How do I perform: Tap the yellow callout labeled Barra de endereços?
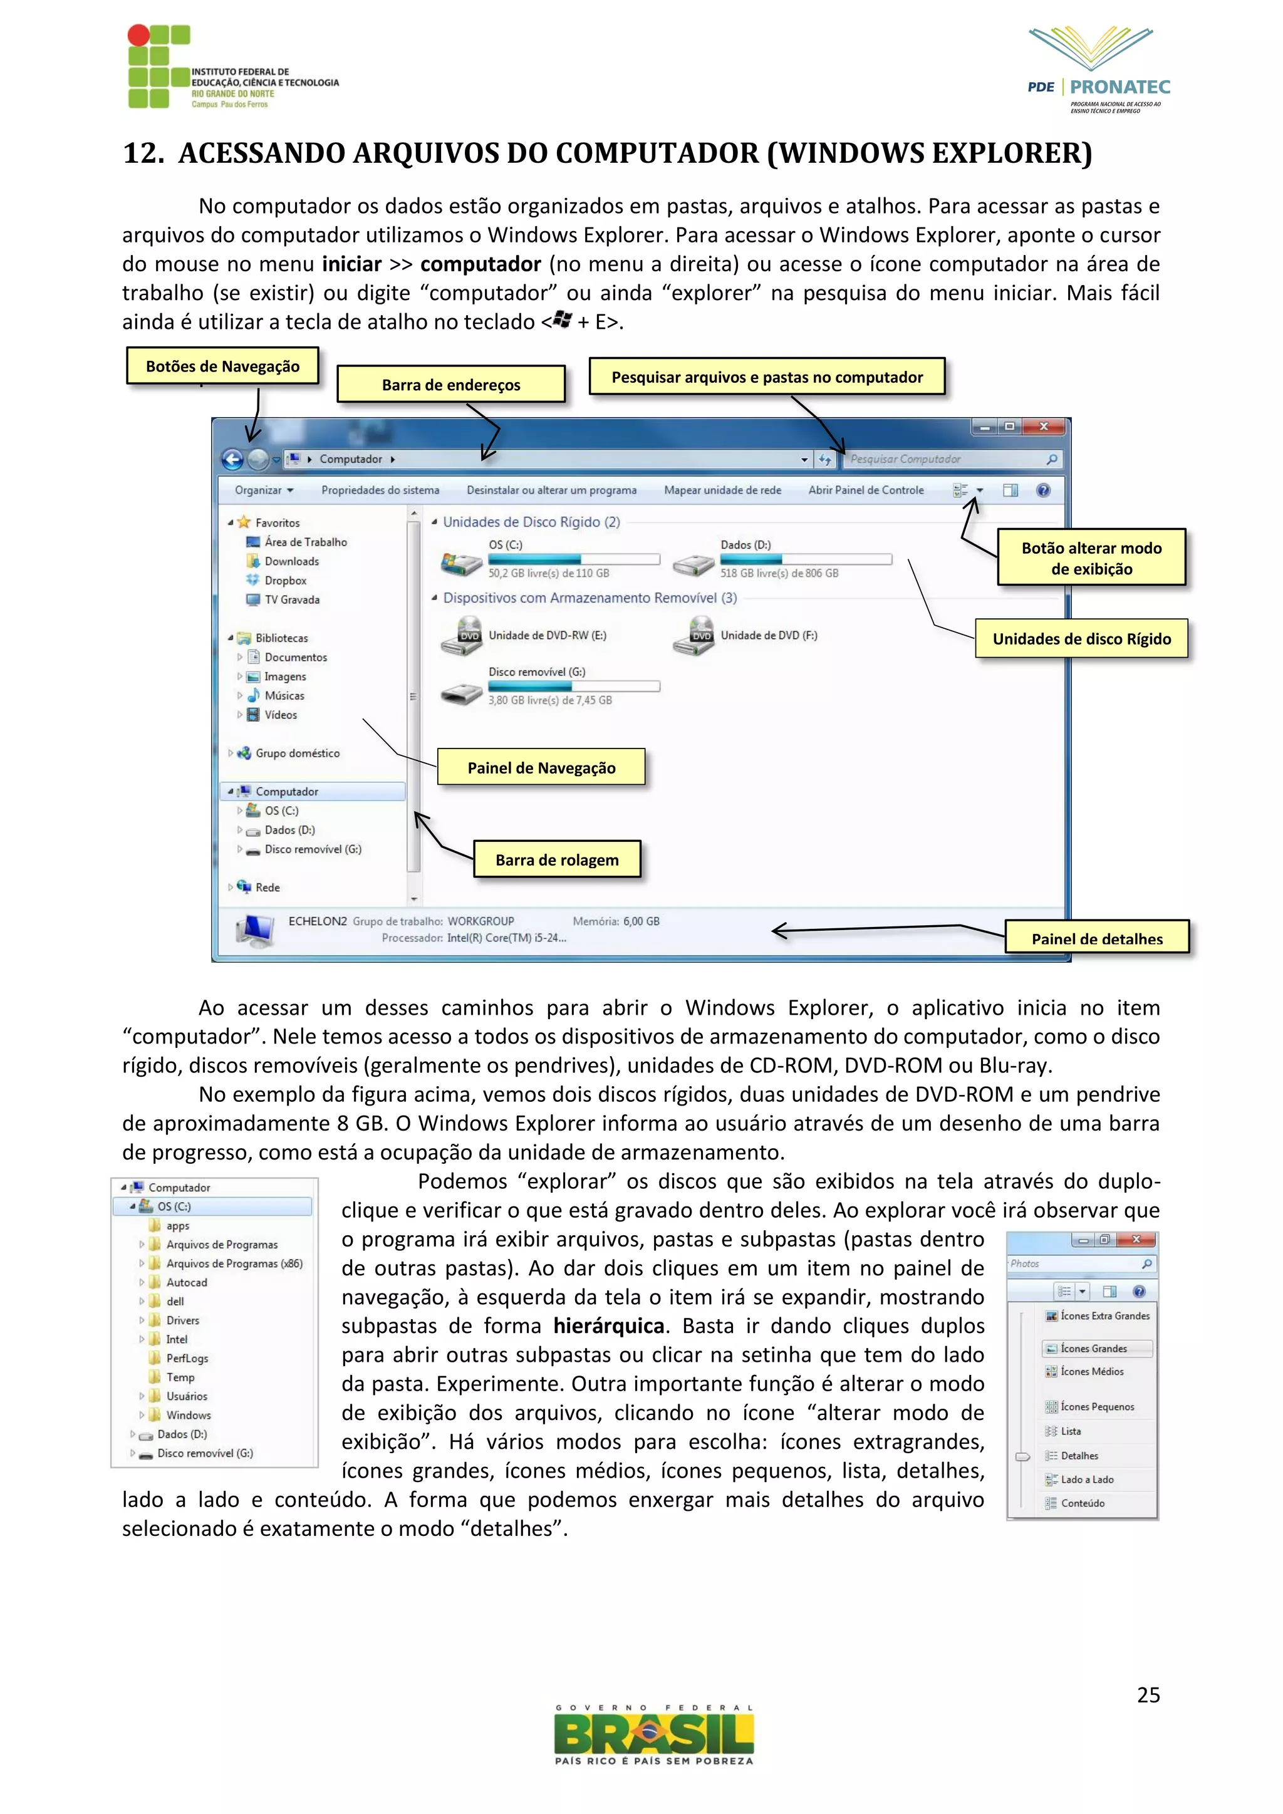pos(451,385)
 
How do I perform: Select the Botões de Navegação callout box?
pos(223,366)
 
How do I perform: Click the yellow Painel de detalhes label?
pos(1096,938)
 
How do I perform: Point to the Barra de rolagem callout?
pos(557,859)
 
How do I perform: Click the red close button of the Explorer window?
pos(1044,427)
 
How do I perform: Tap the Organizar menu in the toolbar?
pos(264,490)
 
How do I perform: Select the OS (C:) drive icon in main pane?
pos(461,563)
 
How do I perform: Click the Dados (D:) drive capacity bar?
pos(806,559)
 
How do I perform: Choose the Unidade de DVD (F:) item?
pos(768,635)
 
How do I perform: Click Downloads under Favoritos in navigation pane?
pos(291,561)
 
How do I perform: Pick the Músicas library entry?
pos(284,695)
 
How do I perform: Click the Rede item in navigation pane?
pos(267,887)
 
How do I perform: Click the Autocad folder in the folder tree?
pos(187,1282)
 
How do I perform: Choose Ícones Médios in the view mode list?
pos(1092,1372)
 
